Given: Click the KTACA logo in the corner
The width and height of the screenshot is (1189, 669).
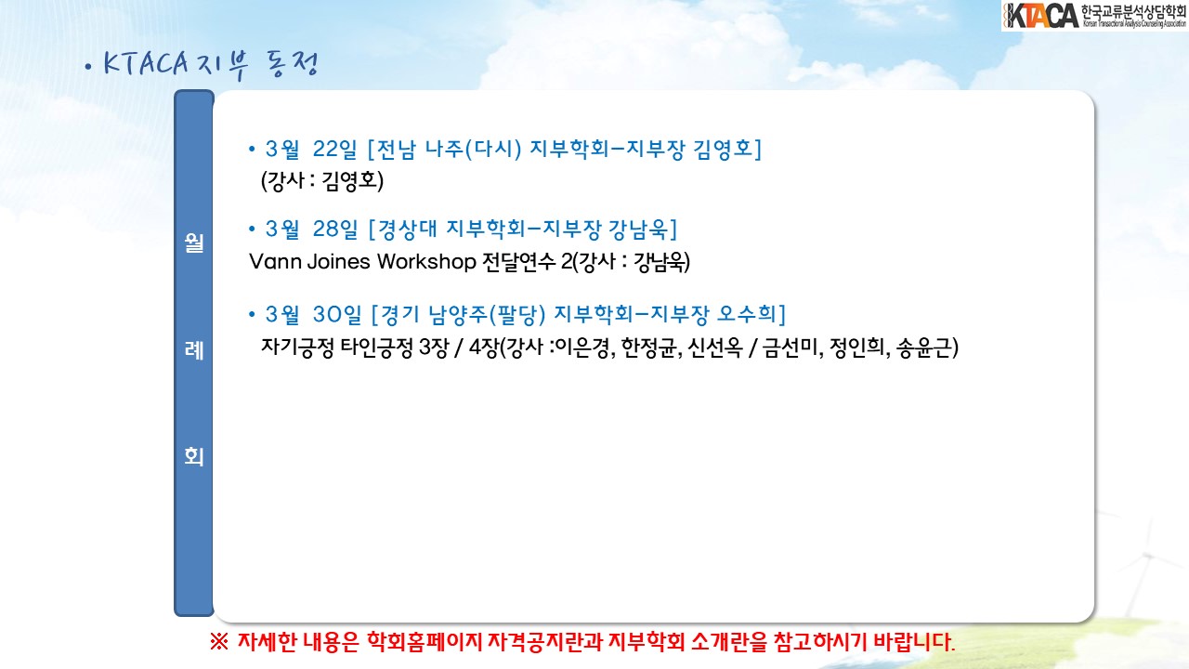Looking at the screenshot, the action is [x=1094, y=16].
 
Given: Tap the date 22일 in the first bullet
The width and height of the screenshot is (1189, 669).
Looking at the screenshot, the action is [x=335, y=149].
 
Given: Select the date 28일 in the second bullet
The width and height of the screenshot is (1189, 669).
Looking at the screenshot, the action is [x=335, y=229].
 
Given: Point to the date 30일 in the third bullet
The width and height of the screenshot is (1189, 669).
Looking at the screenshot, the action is [x=337, y=314].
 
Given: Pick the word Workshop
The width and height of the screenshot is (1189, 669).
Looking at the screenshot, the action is [x=426, y=262].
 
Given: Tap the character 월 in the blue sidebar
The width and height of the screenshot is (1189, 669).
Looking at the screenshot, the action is [x=194, y=243].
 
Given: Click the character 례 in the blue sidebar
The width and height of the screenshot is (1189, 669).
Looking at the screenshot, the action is [x=194, y=350].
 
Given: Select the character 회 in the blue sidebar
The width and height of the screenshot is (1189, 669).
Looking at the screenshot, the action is [x=194, y=456].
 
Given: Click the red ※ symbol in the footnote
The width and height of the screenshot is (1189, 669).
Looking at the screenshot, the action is [x=218, y=642].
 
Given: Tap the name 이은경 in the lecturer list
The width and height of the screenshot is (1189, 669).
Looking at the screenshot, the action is [x=581, y=348].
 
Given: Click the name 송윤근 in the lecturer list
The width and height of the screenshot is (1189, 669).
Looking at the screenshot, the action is [x=923, y=348].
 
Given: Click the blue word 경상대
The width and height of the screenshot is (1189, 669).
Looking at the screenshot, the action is [x=407, y=229].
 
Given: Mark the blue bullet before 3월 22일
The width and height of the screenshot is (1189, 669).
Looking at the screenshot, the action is [x=252, y=150].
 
